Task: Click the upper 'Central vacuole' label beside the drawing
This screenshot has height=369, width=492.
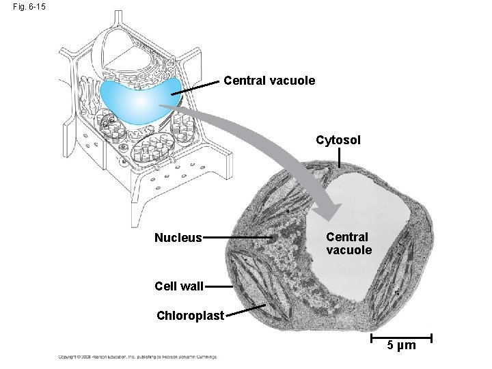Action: (x=270, y=81)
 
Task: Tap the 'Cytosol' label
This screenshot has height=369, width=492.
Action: (x=339, y=140)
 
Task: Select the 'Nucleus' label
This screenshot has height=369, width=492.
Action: (x=178, y=238)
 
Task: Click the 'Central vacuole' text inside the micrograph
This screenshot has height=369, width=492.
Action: (x=348, y=243)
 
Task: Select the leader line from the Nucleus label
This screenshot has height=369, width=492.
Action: (x=238, y=238)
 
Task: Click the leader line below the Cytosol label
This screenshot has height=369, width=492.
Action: (x=340, y=159)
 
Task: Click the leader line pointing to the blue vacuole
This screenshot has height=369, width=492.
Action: (x=199, y=85)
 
